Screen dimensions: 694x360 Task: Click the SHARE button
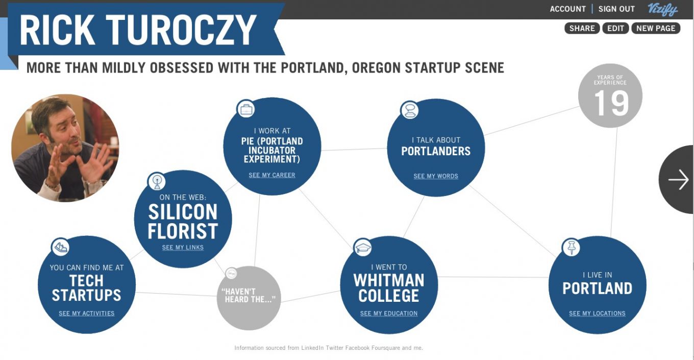pyautogui.click(x=582, y=28)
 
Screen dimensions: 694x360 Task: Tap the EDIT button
pyautogui.click(x=615, y=28)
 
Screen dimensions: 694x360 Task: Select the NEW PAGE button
pyautogui.click(x=656, y=28)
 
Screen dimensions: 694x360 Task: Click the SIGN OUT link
pyautogui.click(x=616, y=9)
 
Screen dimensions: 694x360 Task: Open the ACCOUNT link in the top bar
pyautogui.click(x=567, y=9)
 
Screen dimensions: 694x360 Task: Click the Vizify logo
pyautogui.click(x=663, y=10)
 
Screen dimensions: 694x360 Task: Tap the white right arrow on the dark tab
pyautogui.click(x=678, y=180)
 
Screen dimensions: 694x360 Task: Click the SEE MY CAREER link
pyautogui.click(x=271, y=175)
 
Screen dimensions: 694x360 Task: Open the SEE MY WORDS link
pyautogui.click(x=436, y=176)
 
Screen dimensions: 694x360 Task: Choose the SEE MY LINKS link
pyautogui.click(x=183, y=248)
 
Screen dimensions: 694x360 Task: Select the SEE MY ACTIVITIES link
pyautogui.click(x=86, y=314)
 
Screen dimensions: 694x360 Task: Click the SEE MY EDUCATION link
pyautogui.click(x=389, y=314)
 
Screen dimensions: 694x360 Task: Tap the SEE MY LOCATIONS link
pyautogui.click(x=597, y=314)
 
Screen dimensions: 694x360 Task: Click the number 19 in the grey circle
pyautogui.click(x=611, y=104)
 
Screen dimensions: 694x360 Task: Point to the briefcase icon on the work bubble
pyautogui.click(x=245, y=109)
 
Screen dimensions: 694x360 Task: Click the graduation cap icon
pyautogui.click(x=363, y=248)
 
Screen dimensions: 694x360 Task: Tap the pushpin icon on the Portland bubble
pyautogui.click(x=571, y=248)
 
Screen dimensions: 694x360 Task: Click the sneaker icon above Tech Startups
pyautogui.click(x=60, y=247)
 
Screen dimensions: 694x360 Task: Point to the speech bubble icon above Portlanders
pyautogui.click(x=410, y=110)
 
